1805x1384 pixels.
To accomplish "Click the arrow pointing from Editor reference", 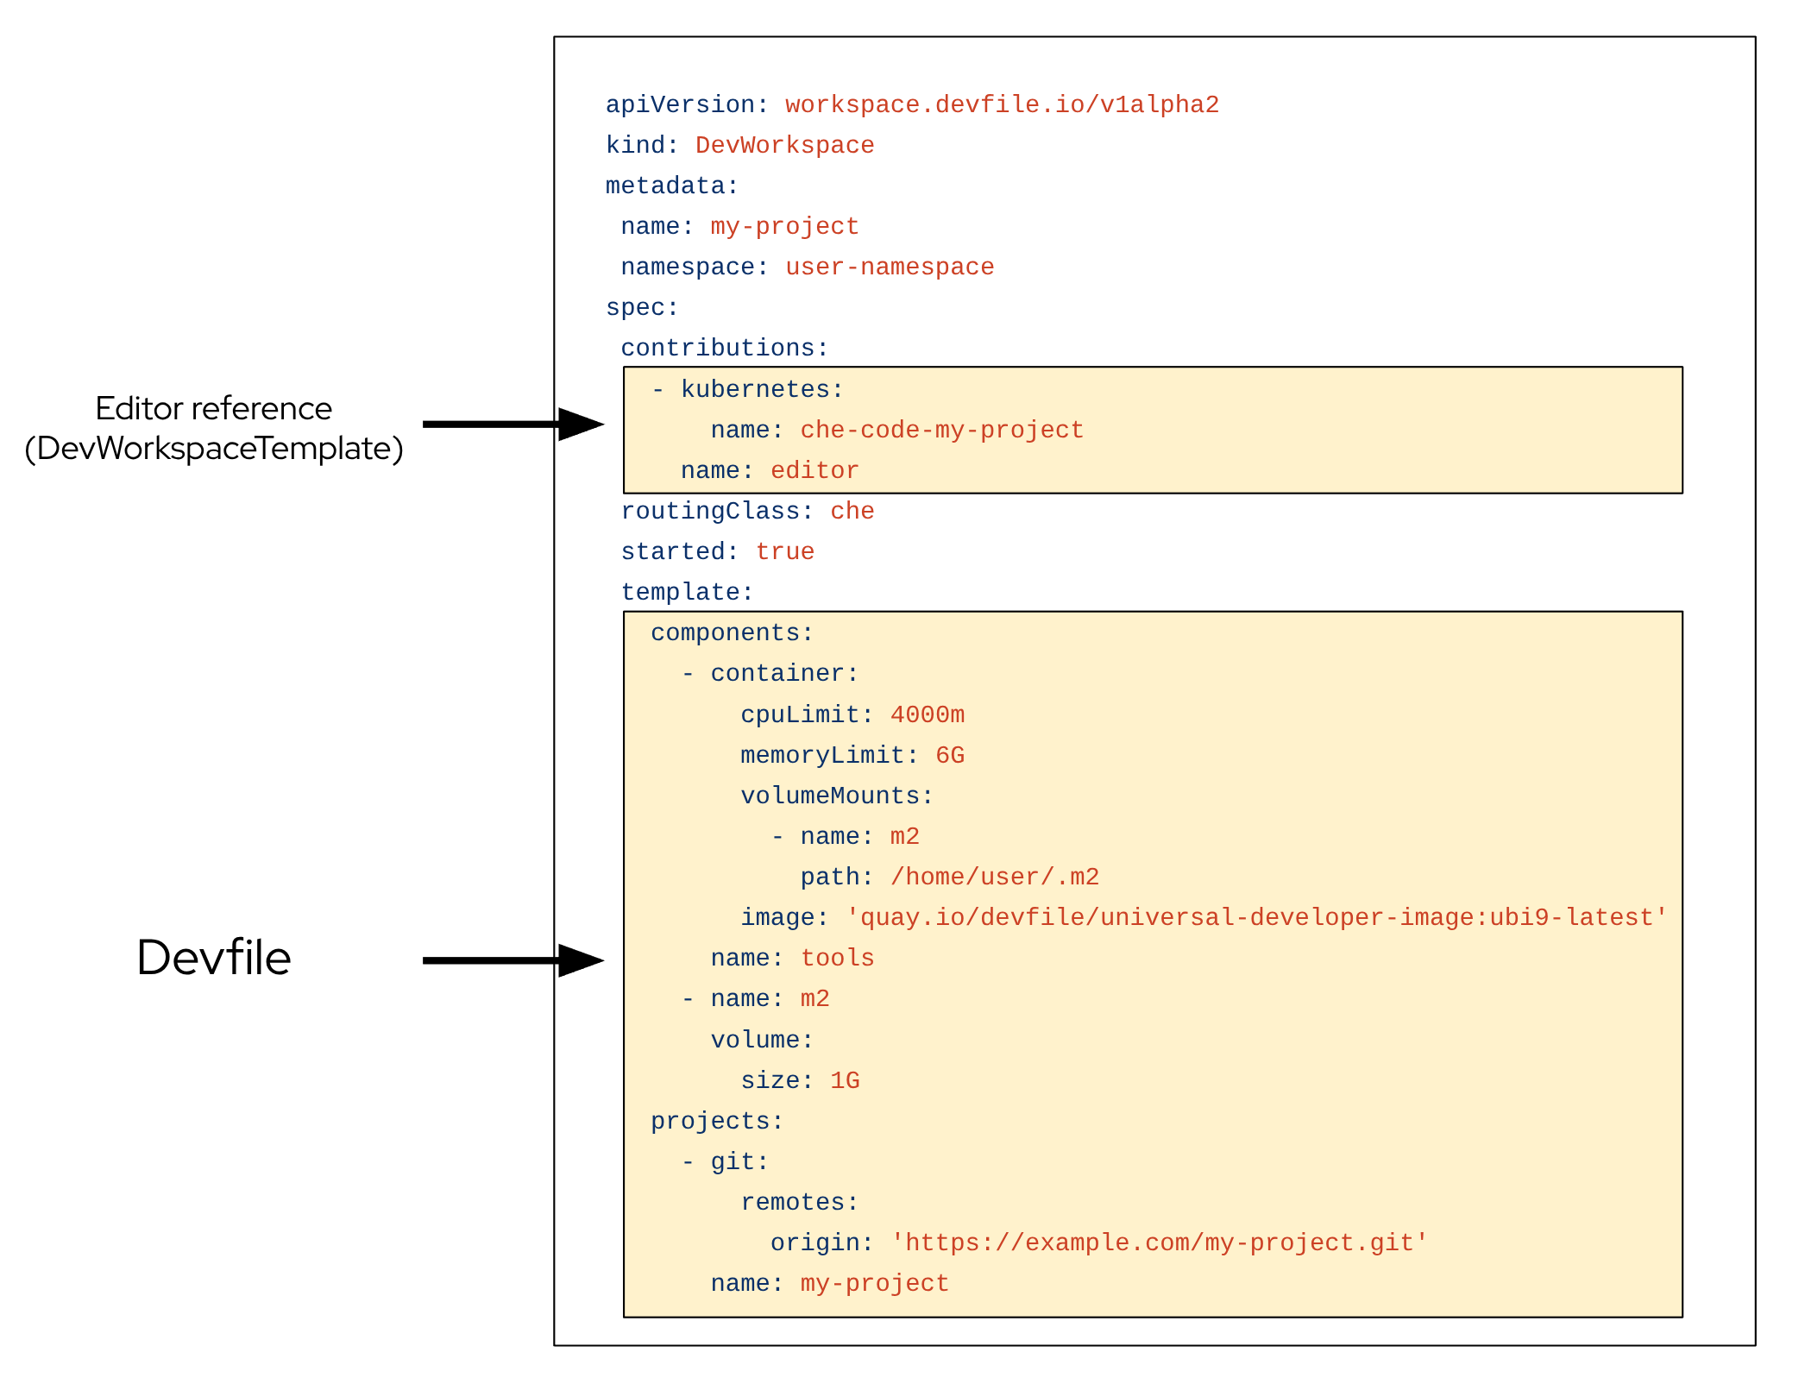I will tap(513, 424).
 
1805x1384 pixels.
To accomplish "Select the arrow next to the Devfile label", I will tap(513, 959).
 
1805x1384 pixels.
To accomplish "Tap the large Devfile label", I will tap(213, 957).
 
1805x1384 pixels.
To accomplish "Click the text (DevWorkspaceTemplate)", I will tap(213, 449).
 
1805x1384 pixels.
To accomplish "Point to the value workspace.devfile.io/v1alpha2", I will tap(1002, 104).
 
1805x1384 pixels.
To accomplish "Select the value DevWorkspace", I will tap(784, 145).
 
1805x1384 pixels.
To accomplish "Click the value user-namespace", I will tap(890, 267).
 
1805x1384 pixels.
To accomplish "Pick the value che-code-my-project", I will tap(941, 430).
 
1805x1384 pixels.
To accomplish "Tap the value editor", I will tap(814, 470).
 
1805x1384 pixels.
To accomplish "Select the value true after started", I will tap(784, 551).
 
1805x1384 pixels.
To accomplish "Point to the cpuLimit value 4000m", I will tap(928, 714).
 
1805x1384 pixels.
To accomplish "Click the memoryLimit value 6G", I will tap(950, 755).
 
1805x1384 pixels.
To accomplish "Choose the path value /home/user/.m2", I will tap(995, 877).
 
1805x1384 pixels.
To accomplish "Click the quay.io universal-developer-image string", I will tap(1256, 917).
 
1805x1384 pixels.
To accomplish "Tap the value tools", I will tap(837, 958).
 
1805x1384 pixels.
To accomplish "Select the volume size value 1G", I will tap(845, 1080).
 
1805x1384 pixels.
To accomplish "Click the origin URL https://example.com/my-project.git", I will tap(1159, 1242).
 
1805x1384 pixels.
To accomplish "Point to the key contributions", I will tap(724, 348).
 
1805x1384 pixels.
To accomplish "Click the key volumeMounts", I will tap(836, 796).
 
